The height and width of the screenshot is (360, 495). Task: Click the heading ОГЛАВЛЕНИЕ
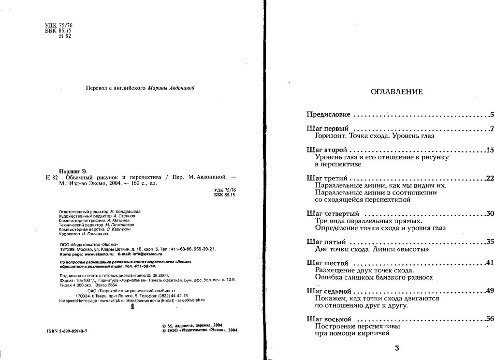click(x=396, y=92)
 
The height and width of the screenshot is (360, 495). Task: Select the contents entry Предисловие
click(x=329, y=115)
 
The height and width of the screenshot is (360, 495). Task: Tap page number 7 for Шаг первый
click(x=491, y=129)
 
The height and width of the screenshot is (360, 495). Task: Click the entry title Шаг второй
click(x=325, y=150)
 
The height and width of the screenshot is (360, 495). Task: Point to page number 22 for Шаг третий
click(x=490, y=179)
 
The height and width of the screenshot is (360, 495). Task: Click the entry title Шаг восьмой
click(x=328, y=319)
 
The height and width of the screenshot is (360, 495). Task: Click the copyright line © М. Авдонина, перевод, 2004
click(x=192, y=326)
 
